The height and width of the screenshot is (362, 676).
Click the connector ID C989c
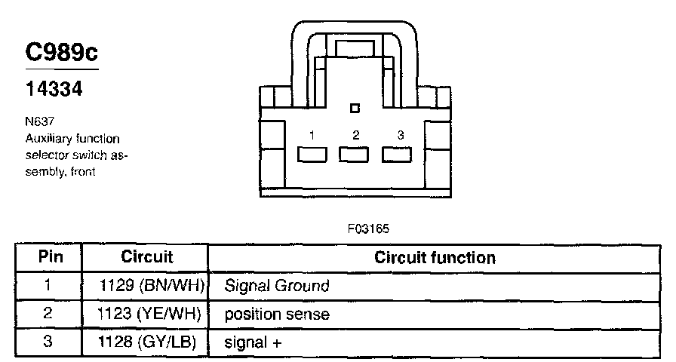click(62, 52)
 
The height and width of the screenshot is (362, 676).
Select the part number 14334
click(54, 89)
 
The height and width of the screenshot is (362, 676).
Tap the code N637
click(40, 121)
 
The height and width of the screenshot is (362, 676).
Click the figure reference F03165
click(368, 229)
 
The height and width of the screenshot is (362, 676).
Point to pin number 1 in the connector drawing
click(312, 136)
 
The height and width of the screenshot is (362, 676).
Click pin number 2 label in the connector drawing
click(355, 135)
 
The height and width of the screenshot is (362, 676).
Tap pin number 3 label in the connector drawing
click(401, 135)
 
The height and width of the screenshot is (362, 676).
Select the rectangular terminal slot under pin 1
click(312, 155)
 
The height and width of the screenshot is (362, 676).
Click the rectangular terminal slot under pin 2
click(354, 155)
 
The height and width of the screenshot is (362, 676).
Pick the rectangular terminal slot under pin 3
click(397, 155)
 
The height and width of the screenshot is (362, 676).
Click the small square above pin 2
click(355, 108)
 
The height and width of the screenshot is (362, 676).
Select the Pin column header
click(51, 257)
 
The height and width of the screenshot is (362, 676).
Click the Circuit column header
click(147, 257)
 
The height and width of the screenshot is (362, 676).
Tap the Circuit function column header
click(435, 258)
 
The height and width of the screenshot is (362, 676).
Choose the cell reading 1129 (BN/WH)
click(152, 286)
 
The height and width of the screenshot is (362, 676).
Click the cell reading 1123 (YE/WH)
click(149, 314)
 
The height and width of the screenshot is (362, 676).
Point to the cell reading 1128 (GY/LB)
click(147, 342)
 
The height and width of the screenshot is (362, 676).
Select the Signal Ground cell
click(277, 286)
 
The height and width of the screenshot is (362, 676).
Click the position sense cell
click(277, 314)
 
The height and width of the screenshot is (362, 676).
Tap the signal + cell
click(253, 343)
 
